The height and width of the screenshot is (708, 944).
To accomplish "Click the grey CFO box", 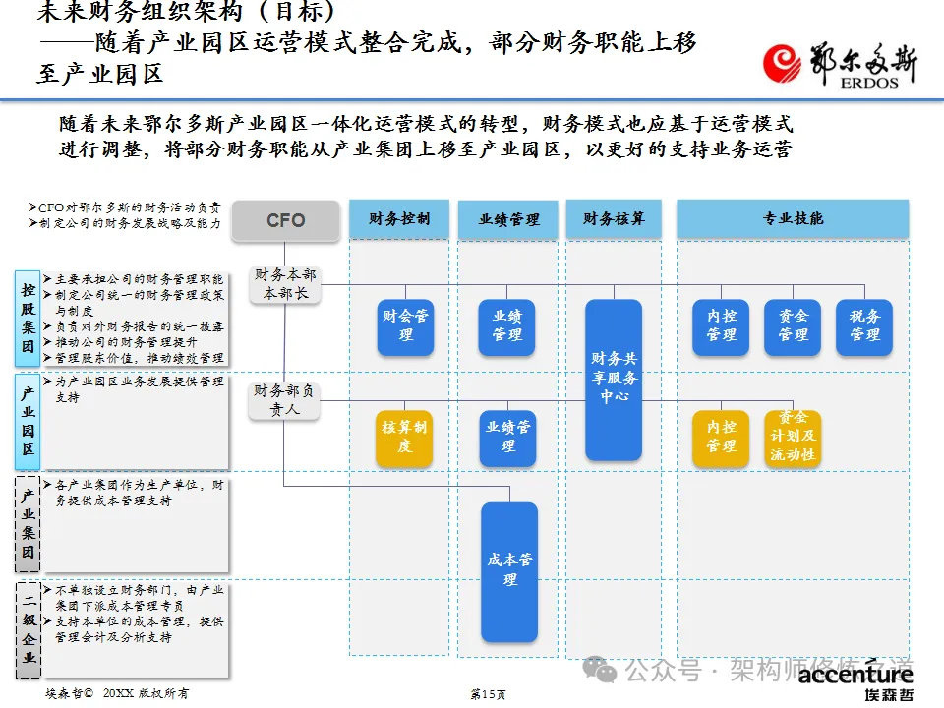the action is point(286,221).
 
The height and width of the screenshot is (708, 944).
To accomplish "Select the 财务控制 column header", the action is point(398,218).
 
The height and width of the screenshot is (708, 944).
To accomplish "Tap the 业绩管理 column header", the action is point(507,219).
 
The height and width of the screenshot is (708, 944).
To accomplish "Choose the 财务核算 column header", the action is point(614,218).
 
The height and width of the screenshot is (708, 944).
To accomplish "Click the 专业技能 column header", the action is point(793,218).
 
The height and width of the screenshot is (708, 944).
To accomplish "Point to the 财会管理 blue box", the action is point(405,326).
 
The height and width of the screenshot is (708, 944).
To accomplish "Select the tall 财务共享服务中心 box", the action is point(614,380).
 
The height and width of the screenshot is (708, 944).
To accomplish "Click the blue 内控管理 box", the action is point(721,326).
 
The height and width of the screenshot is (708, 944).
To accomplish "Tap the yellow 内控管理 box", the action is point(721,438).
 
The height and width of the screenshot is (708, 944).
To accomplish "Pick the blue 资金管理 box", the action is point(793,326).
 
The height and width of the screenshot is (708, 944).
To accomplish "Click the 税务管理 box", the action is point(864,326).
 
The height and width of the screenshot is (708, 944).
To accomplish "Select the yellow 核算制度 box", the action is point(405,438).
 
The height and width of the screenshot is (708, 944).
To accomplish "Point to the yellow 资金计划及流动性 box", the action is point(793,438).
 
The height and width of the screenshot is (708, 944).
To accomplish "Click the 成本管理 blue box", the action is point(509,571).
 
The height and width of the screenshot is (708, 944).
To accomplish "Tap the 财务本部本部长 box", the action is point(284,284).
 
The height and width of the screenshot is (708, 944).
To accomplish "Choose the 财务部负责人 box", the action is point(284,400).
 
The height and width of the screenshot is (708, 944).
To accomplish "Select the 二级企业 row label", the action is point(29,629).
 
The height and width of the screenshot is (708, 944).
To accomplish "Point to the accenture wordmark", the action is point(855,675).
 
